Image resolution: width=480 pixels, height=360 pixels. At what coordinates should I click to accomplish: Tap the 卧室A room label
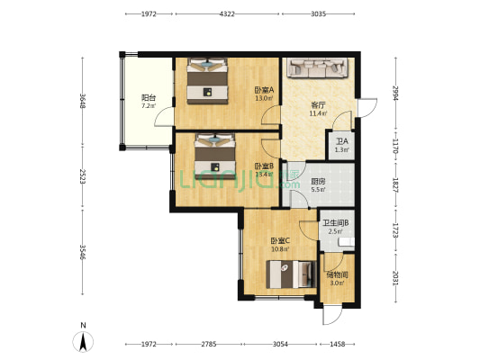[263, 90]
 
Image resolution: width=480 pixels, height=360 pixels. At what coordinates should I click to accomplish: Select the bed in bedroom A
[209, 81]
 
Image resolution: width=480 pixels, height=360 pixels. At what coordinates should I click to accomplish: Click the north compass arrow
[83, 339]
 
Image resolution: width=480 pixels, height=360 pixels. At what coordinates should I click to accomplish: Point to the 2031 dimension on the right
[395, 278]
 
